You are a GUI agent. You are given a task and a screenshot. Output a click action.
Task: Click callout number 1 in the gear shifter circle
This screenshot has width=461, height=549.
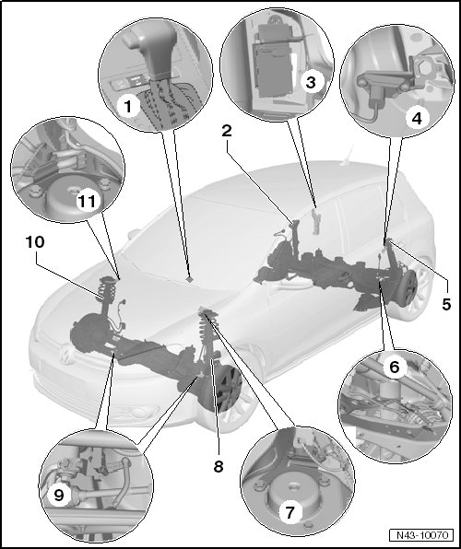(127, 107)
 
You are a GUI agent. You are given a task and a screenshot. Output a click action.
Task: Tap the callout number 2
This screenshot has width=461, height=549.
(227, 131)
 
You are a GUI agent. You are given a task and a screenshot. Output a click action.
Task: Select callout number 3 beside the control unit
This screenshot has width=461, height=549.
(311, 83)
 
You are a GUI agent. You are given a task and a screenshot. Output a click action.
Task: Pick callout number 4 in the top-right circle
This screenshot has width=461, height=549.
(417, 119)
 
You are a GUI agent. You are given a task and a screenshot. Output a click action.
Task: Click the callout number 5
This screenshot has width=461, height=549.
(446, 304)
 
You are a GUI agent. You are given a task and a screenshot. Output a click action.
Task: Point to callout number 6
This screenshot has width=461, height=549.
(395, 367)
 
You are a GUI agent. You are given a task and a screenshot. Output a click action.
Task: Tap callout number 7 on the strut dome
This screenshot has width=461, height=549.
(290, 512)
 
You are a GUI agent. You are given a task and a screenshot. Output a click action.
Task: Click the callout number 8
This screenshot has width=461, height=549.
(219, 466)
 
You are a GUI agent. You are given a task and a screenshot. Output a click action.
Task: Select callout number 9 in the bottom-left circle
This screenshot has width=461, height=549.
(59, 495)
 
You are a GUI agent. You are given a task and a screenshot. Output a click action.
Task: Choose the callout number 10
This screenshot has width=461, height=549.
(35, 241)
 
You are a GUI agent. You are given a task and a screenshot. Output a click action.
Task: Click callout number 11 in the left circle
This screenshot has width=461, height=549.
(87, 202)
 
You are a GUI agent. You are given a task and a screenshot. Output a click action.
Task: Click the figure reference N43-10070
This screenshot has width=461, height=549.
(422, 535)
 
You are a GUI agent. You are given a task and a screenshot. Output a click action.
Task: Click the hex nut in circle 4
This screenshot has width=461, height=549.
(423, 68)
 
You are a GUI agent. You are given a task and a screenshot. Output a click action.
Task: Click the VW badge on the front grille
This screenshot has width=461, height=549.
(65, 354)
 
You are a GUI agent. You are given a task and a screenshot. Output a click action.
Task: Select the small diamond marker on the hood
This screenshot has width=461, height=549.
(190, 279)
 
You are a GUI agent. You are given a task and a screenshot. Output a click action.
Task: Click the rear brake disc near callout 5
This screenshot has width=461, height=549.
(408, 286)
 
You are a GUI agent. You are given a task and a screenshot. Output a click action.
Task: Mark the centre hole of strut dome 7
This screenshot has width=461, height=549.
(292, 486)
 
